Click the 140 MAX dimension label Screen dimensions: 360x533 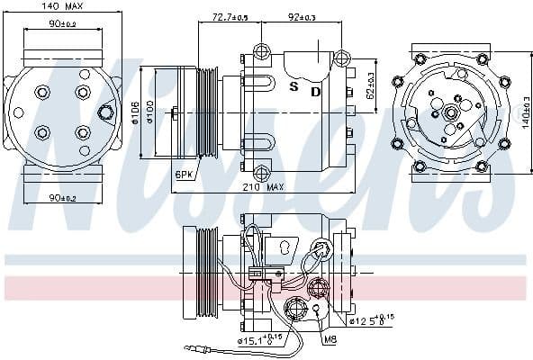point(59,7)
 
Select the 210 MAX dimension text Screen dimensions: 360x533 point(263,187)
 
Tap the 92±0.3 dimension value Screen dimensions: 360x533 point(301,16)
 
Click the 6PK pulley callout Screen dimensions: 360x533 point(184,174)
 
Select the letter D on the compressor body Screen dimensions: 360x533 point(315,91)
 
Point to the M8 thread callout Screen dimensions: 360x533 point(330,339)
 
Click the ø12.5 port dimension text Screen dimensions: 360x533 point(370,319)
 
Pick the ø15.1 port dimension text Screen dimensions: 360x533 point(257,340)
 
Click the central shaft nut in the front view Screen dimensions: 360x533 point(448,112)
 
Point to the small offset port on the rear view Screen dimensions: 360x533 point(107,112)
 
